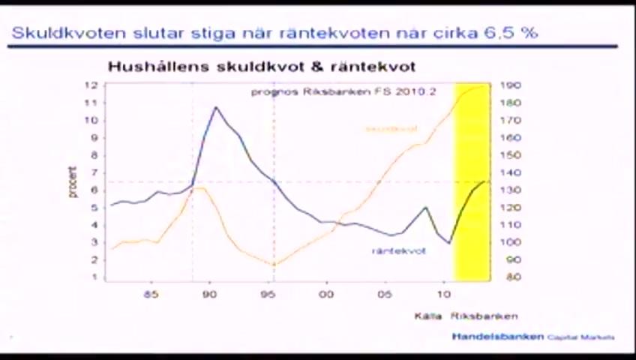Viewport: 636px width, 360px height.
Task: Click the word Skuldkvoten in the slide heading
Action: (x=56, y=33)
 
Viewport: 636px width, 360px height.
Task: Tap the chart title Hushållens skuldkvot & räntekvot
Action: (x=261, y=67)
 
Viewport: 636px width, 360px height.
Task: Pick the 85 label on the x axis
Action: (x=151, y=294)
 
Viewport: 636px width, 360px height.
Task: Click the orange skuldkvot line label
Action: (x=391, y=129)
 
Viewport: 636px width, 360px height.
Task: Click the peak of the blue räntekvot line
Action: (x=216, y=107)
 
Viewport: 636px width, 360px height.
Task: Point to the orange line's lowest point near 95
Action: (x=274, y=265)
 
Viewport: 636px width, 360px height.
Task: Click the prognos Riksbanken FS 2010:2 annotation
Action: (x=343, y=92)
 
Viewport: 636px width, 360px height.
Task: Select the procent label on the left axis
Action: (x=73, y=181)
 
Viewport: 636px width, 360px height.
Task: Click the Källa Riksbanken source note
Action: (x=466, y=316)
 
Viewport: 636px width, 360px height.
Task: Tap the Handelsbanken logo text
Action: (x=497, y=337)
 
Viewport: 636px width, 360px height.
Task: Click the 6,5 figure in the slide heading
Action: (x=505, y=33)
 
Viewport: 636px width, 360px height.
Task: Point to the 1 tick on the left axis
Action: (x=96, y=277)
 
